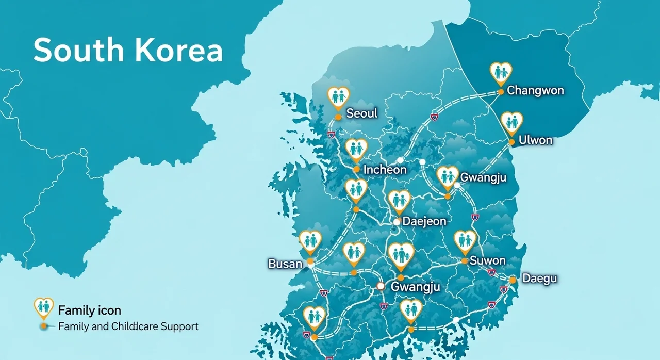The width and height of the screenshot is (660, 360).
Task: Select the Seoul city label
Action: [x=362, y=113]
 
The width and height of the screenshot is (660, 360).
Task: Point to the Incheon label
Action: [x=385, y=170]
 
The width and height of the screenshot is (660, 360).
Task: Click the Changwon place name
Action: [x=535, y=91]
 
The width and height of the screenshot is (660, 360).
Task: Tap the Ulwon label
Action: [x=535, y=140]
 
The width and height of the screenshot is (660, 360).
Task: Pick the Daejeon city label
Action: [x=424, y=221]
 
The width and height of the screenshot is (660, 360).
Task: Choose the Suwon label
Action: [x=487, y=260]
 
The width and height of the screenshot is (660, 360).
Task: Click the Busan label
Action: [x=285, y=264]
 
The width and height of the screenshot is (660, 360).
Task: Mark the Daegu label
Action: [x=540, y=279]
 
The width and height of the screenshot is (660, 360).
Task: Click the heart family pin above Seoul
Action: [x=338, y=96]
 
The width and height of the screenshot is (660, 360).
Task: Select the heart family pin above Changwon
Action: [x=500, y=73]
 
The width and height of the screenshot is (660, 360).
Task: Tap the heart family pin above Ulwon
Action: [x=511, y=122]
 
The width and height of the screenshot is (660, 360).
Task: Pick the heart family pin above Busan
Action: [x=310, y=241]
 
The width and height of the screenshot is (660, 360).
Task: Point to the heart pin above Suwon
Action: [x=465, y=241]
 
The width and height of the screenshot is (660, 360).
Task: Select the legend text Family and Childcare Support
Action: [x=128, y=326]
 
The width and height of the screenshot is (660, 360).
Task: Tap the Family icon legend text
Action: [x=90, y=310]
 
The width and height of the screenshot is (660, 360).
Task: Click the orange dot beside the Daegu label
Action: [x=513, y=280]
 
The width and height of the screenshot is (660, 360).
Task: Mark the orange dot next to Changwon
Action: [x=500, y=92]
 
